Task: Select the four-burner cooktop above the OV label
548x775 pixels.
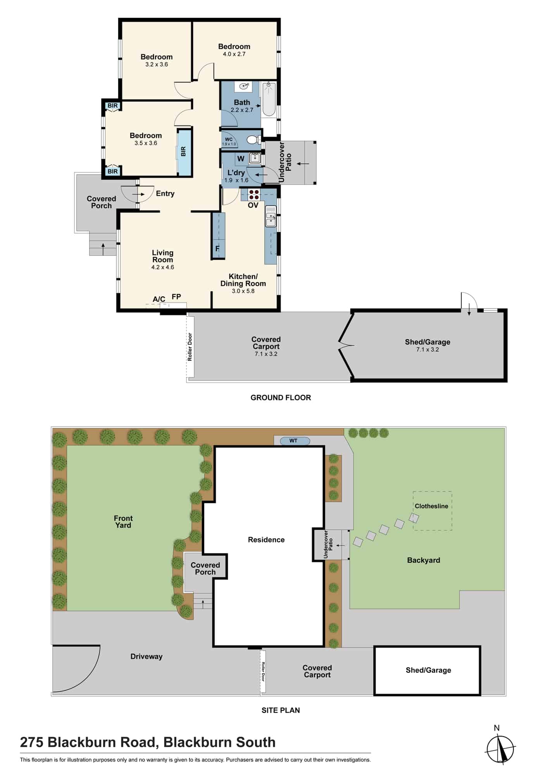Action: tap(254, 195)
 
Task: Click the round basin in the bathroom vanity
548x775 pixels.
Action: tap(244, 86)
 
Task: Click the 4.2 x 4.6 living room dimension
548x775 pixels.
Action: tap(163, 267)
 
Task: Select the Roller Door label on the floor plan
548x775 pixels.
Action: tap(190, 347)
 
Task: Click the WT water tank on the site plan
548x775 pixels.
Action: tap(293, 441)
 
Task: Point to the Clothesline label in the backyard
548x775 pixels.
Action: tap(431, 506)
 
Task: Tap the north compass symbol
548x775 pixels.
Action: tap(501, 749)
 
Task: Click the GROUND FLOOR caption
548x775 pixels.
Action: tap(281, 398)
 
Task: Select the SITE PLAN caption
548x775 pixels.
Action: tap(281, 710)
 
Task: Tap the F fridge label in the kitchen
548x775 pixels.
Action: tap(217, 249)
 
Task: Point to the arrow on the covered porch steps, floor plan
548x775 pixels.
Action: tap(103, 248)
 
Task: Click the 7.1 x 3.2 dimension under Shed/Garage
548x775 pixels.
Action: tap(427, 350)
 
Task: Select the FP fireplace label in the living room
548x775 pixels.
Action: tap(176, 297)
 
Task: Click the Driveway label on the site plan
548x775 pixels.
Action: tap(146, 656)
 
